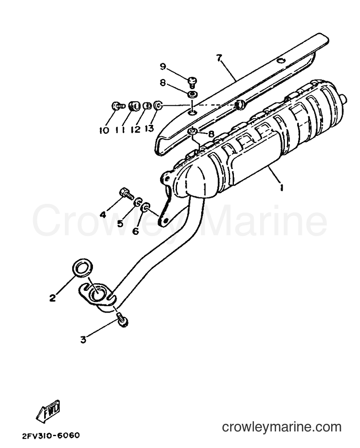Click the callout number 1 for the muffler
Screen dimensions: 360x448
pyautogui.click(x=281, y=187)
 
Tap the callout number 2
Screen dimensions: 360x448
pyautogui.click(x=52, y=298)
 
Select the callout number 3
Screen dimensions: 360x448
pyautogui.click(x=83, y=340)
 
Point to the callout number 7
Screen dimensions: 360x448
pyautogui.click(x=219, y=58)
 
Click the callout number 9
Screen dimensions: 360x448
pyautogui.click(x=163, y=66)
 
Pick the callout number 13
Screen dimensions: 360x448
pyautogui.click(x=149, y=129)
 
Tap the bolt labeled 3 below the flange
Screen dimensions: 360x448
pyautogui.click(x=123, y=320)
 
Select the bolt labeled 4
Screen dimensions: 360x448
pyautogui.click(x=126, y=193)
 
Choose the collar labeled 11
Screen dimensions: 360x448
pyautogui.click(x=134, y=106)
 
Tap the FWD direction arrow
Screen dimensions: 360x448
pyautogui.click(x=48, y=410)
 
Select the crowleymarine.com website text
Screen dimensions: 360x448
pyautogui.click(x=282, y=427)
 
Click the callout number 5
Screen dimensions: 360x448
pyautogui.click(x=120, y=223)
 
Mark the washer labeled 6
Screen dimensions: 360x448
pyautogui.click(x=146, y=207)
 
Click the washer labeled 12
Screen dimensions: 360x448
pyautogui.click(x=147, y=106)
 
